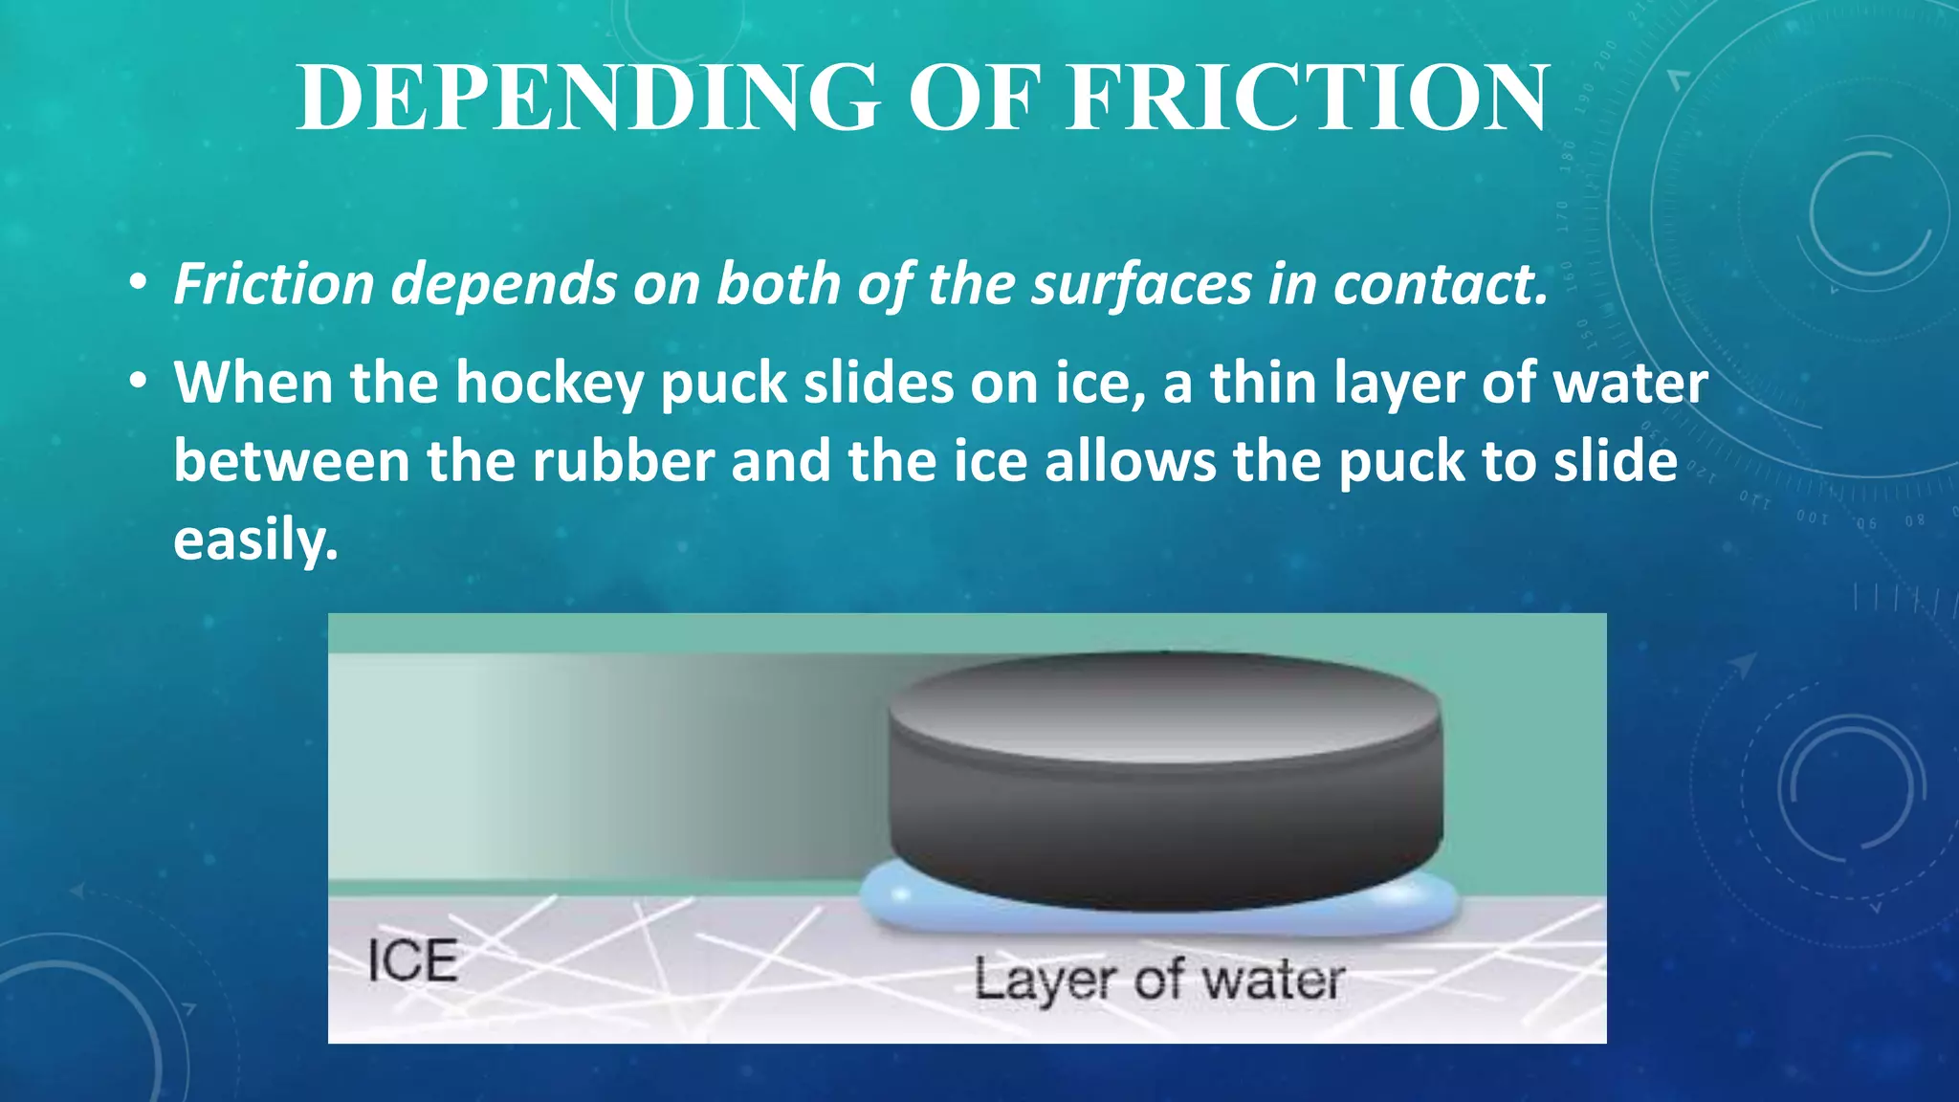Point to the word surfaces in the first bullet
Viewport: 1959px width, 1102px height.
(x=1140, y=285)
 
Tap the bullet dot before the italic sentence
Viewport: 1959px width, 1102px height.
(x=140, y=284)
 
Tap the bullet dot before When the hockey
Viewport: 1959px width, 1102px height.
(x=140, y=383)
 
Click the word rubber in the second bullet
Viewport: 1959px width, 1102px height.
(x=623, y=462)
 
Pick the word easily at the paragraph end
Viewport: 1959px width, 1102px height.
(x=254, y=541)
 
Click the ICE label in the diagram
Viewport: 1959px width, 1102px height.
(x=412, y=961)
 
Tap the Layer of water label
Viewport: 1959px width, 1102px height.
(x=1158, y=981)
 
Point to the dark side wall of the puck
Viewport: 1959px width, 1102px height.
(x=1163, y=832)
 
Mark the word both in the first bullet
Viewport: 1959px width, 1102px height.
(x=777, y=285)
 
